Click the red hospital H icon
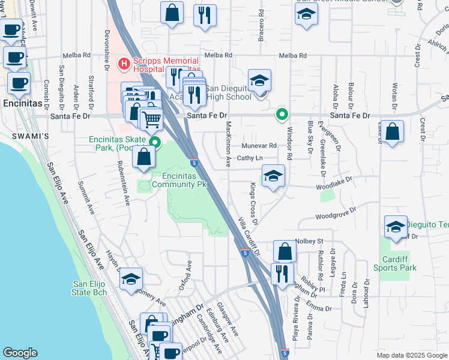124,62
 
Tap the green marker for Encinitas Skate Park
155,142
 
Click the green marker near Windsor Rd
281,114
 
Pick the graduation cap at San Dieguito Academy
259,80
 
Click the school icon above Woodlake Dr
273,176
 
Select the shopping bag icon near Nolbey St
285,251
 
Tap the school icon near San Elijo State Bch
131,280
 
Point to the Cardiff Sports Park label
399,264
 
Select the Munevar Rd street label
259,146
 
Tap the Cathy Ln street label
250,158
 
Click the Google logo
20,353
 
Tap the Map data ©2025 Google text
411,355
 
